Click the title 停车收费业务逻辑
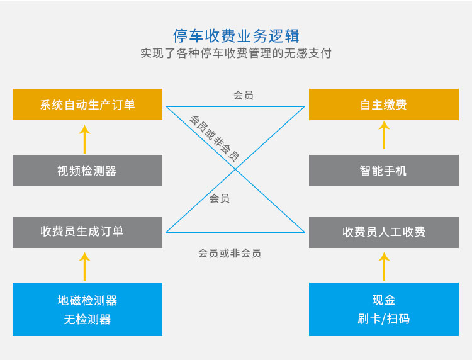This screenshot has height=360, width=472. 236,36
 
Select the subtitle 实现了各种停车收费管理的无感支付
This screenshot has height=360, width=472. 236,53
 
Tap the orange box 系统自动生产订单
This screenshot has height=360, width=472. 87,104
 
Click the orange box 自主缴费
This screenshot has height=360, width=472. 384,104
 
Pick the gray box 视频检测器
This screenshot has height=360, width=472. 87,171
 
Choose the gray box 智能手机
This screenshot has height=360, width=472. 384,171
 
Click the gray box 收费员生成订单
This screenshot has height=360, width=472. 87,232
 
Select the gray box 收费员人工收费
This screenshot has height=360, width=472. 384,232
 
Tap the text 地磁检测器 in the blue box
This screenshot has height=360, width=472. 87,300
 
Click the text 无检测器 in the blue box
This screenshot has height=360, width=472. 87,319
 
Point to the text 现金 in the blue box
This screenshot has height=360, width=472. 384,300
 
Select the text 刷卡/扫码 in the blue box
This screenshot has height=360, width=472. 384,318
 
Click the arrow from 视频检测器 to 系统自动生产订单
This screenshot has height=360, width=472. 84,139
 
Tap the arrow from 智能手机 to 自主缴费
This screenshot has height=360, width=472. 384,135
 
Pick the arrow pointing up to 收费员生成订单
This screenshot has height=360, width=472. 84,266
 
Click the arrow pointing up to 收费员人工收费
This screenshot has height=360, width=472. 384,266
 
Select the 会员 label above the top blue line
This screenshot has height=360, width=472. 243,95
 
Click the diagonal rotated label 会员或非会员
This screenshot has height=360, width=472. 214,138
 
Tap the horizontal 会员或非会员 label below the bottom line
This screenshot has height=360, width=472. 229,253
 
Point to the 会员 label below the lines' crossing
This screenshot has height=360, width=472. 220,198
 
